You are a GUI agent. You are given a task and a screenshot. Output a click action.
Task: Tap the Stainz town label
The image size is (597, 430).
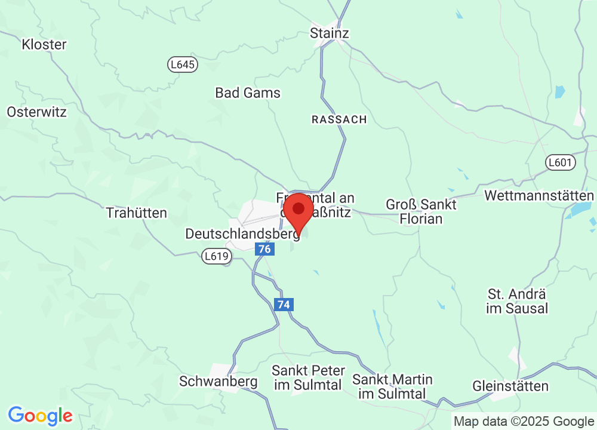pos(329,33)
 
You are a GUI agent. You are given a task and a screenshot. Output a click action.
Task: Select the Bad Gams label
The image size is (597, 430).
pos(248,93)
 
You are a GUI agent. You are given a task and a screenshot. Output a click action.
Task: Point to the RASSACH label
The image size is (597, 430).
pos(339,120)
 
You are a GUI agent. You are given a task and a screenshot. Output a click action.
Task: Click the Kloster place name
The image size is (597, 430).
pos(44,44)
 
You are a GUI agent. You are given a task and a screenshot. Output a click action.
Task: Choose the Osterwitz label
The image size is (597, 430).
pos(37,112)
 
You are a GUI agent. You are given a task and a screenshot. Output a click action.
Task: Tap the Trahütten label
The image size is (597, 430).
pos(136,213)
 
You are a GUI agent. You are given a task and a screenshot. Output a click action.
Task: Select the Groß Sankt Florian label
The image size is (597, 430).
pos(421,211)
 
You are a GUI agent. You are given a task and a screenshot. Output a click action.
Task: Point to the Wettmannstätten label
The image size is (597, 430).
pos(539,196)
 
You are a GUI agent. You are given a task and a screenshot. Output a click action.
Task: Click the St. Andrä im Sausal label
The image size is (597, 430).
pos(518,301)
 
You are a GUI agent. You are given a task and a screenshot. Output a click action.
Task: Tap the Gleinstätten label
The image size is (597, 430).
pos(510,386)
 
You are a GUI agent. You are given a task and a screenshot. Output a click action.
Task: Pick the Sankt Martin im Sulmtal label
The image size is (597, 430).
pos(392,386)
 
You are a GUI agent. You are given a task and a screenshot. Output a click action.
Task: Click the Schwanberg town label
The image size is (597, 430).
pos(219,381)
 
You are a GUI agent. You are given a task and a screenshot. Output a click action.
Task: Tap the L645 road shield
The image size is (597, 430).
pos(182,64)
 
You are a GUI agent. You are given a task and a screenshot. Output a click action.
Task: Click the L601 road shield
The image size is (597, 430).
pos(560,162)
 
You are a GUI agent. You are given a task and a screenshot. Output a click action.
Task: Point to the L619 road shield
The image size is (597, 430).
pos(216,256)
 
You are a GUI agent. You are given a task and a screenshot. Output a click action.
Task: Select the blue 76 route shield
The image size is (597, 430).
pos(264,249)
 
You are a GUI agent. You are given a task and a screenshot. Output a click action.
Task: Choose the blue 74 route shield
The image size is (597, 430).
pos(284,305)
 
